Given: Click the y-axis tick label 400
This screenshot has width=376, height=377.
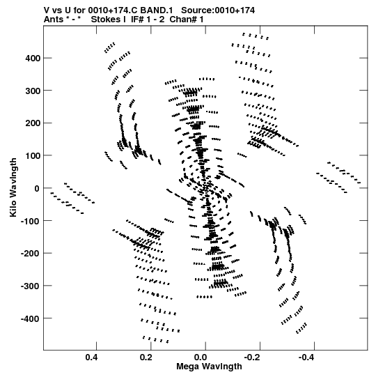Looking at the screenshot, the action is pyautogui.click(x=33, y=58).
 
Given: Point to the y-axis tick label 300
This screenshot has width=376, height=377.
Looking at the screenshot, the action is pyautogui.click(x=33, y=91).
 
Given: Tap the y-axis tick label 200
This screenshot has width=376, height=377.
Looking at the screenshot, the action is pyautogui.click(x=33, y=123).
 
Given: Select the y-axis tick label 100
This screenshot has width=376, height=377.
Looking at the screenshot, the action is pyautogui.click(x=33, y=155).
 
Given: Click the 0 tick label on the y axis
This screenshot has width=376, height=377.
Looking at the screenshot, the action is pyautogui.click(x=37, y=188).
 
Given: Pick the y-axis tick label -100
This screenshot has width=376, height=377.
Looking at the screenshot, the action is pyautogui.click(x=31, y=221).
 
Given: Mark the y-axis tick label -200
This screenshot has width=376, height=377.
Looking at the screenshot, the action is pyautogui.click(x=31, y=253).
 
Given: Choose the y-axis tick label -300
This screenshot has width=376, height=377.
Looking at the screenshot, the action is pyautogui.click(x=31, y=286).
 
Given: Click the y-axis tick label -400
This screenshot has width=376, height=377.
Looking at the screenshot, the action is pyautogui.click(x=31, y=318).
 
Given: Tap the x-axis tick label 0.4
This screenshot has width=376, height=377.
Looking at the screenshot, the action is pyautogui.click(x=91, y=357).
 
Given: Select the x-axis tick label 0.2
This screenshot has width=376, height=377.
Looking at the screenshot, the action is pyautogui.click(x=146, y=357).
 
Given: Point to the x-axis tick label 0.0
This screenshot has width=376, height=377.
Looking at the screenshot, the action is pyautogui.click(x=201, y=357).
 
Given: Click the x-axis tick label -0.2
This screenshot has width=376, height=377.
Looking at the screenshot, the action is pyautogui.click(x=253, y=357).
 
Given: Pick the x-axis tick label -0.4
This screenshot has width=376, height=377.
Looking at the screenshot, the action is pyautogui.click(x=307, y=357).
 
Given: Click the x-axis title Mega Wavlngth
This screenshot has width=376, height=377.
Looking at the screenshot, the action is pyautogui.click(x=209, y=366).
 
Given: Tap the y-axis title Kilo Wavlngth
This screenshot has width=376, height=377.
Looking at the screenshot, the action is pyautogui.click(x=13, y=187).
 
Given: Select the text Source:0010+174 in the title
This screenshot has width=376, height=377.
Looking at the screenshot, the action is pyautogui.click(x=218, y=10).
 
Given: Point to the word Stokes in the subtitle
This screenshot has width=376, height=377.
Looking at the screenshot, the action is pyautogui.click(x=109, y=20).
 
